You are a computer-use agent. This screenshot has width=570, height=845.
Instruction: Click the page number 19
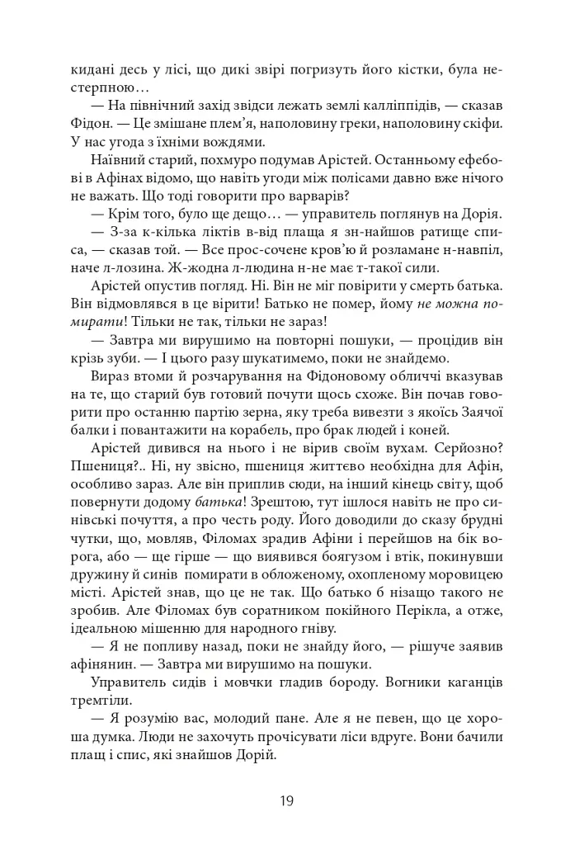click(285, 800)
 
